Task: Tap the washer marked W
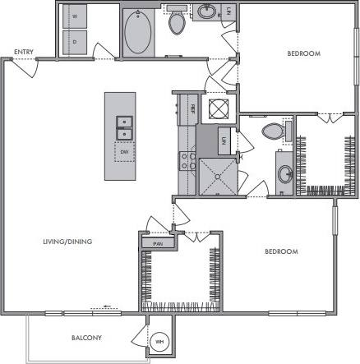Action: pyautogui.click(x=76, y=16)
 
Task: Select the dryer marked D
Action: pyautogui.click(x=76, y=40)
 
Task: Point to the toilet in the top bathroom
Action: pyautogui.click(x=178, y=22)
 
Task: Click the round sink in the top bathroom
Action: pyautogui.click(x=205, y=12)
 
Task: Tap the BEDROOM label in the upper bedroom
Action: pyautogui.click(x=303, y=53)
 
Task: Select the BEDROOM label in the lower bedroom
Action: pyautogui.click(x=280, y=251)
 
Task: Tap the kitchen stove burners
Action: pyautogui.click(x=185, y=158)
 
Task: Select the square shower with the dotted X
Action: pyautogui.click(x=219, y=173)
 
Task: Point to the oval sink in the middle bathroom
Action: pyautogui.click(x=284, y=173)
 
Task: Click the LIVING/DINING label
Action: pyautogui.click(x=68, y=242)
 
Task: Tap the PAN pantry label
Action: pyautogui.click(x=157, y=244)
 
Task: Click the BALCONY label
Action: pyautogui.click(x=85, y=338)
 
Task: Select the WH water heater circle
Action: pyautogui.click(x=159, y=343)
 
